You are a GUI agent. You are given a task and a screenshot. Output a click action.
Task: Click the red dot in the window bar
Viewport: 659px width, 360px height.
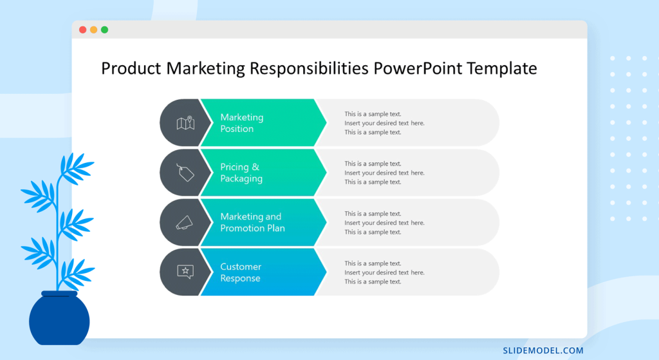click(82, 30)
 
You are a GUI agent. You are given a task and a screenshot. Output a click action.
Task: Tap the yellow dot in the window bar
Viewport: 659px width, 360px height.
click(93, 30)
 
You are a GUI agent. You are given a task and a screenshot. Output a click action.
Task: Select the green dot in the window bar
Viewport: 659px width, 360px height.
click(104, 30)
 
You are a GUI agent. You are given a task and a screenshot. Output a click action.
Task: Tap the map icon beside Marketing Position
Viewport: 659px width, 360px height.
click(185, 122)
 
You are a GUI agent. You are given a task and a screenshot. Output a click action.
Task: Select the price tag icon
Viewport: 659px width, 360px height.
click(185, 172)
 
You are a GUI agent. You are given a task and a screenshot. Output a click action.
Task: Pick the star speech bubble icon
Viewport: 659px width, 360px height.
click(185, 272)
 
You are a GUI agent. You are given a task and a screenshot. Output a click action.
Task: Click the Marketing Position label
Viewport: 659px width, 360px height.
click(241, 123)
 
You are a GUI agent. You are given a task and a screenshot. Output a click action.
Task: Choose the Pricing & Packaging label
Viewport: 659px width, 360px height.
click(241, 173)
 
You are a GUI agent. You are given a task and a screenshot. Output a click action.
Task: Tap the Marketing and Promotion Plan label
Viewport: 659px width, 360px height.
click(252, 222)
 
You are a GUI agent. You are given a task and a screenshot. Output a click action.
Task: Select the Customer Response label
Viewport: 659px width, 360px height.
click(241, 272)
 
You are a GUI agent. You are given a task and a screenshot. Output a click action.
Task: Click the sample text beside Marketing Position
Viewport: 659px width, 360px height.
click(384, 123)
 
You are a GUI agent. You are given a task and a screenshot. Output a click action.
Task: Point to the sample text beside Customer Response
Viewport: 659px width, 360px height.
click(384, 272)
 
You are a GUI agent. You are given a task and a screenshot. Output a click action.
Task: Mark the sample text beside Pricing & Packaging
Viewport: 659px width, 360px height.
click(384, 173)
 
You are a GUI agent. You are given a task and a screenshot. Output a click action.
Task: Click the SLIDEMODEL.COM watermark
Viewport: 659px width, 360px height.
click(543, 351)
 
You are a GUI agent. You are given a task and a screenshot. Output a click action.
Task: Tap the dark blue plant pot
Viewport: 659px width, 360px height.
click(59, 319)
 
